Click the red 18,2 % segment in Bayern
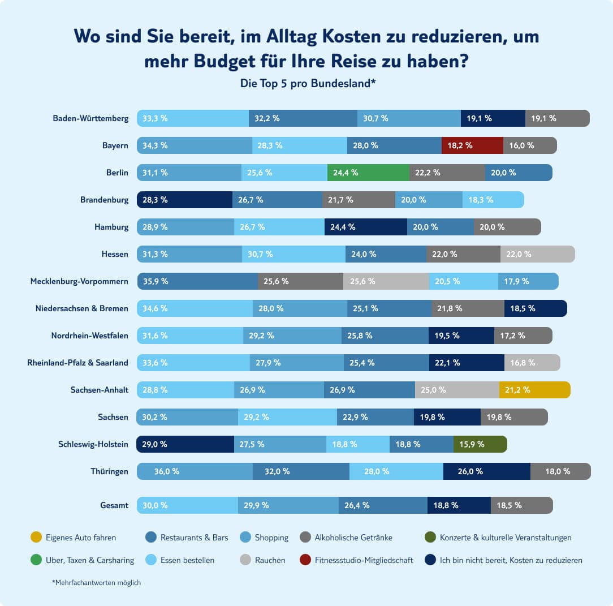tap(472, 145)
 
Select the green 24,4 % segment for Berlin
tap(368, 173)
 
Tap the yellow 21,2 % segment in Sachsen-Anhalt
tap(534, 390)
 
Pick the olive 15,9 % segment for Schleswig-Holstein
tap(480, 444)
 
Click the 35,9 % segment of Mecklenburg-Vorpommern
tap(197, 281)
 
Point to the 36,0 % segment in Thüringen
tap(195, 471)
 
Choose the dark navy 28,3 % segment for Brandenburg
tap(185, 200)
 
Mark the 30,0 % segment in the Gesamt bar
tap(187, 505)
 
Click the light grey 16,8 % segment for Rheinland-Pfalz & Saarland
tap(532, 363)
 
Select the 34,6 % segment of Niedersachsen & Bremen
tap(195, 308)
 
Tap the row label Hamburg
tap(111, 227)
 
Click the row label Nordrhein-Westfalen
tap(89, 336)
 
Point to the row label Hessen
tap(114, 254)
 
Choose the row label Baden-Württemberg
tap(90, 118)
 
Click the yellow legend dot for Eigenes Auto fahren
tap(36, 538)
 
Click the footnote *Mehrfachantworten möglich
tap(96, 582)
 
